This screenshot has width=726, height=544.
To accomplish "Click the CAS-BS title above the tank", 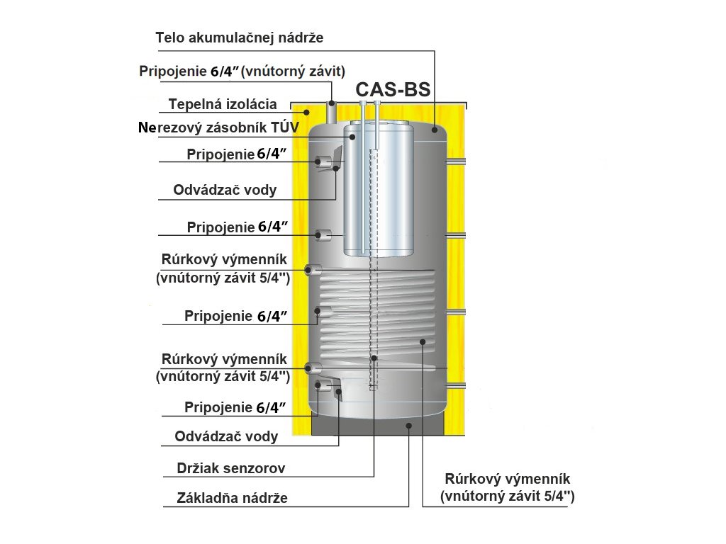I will [393, 90].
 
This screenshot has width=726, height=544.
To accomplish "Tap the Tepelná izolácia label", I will [223, 105].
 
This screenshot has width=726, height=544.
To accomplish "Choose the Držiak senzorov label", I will [230, 468].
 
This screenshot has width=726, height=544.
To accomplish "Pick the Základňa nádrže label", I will [232, 498].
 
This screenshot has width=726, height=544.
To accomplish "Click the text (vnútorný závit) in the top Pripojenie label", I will [294, 72].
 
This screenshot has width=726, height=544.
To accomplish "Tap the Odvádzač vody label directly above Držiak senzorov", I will [226, 436].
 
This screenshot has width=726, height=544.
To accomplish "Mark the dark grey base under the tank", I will [376, 425].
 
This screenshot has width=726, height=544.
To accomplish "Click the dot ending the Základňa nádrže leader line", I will [408, 425].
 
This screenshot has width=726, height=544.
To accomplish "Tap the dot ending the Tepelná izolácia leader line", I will [307, 112].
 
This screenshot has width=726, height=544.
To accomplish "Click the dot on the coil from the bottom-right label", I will [423, 341].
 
